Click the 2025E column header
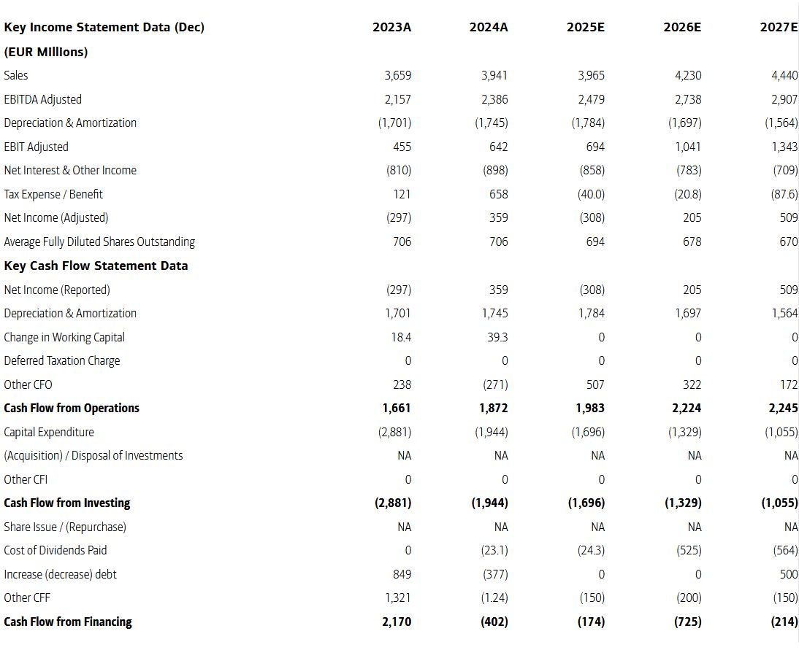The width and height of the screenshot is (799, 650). pyautogui.click(x=586, y=27)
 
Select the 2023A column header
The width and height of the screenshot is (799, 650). pyautogui.click(x=392, y=27)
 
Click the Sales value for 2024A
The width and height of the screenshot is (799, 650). pyautogui.click(x=494, y=75)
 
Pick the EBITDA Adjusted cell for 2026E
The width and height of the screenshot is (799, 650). pyautogui.click(x=688, y=99)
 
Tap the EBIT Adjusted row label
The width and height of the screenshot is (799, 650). pyautogui.click(x=37, y=147)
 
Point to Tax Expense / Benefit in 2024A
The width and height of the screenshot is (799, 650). pyautogui.click(x=498, y=194)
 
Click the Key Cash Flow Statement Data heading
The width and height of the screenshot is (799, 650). pyautogui.click(x=96, y=266)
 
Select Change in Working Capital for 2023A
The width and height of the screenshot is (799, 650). pyautogui.click(x=402, y=337)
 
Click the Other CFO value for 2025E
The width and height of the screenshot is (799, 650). pyautogui.click(x=595, y=384)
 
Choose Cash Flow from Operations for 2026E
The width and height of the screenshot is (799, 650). pyautogui.click(x=688, y=409)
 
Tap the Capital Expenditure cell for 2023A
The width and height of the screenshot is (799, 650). pyautogui.click(x=394, y=432)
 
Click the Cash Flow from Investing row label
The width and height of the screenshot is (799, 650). pyautogui.click(x=66, y=503)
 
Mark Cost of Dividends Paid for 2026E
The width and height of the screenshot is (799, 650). pyautogui.click(x=689, y=550)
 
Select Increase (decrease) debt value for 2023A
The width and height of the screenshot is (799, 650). pyautogui.click(x=402, y=574)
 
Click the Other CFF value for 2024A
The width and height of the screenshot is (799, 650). pyautogui.click(x=494, y=597)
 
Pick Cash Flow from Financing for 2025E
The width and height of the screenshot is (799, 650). pyautogui.click(x=591, y=622)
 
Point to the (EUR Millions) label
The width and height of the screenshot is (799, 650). pyautogui.click(x=46, y=52)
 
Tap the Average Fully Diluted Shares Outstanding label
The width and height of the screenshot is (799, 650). pyautogui.click(x=99, y=241)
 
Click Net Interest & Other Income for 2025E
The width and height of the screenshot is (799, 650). pyautogui.click(x=592, y=170)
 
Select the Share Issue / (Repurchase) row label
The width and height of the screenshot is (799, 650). pyautogui.click(x=65, y=527)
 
